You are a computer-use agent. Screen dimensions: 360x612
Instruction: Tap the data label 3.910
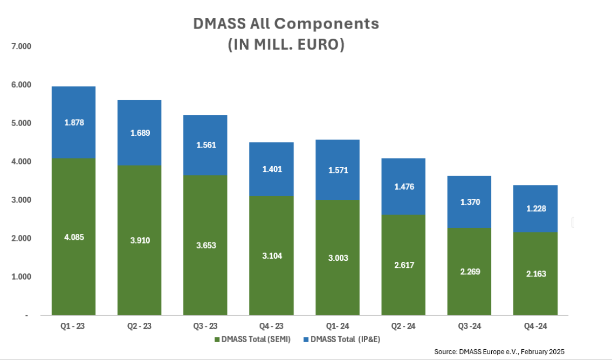tap(139, 240)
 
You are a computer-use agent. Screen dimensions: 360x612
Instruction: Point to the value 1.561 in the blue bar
tap(205, 144)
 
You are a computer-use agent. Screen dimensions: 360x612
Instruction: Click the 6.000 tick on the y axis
tap(22, 85)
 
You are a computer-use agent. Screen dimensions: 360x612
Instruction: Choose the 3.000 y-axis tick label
tap(22, 200)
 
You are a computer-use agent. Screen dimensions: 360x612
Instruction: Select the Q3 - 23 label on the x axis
tap(205, 326)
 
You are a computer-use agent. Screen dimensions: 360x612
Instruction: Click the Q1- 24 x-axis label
tap(337, 326)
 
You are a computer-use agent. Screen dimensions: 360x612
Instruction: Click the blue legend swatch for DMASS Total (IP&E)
tap(307, 340)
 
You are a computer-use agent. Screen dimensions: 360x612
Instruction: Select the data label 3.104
tap(271, 255)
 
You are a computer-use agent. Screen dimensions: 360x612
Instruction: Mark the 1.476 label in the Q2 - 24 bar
tap(403, 186)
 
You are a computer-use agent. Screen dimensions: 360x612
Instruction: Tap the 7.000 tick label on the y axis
tap(22, 47)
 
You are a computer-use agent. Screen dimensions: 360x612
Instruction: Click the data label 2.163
tap(535, 273)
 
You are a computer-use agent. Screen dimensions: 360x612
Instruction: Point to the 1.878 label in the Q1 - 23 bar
tap(73, 122)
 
